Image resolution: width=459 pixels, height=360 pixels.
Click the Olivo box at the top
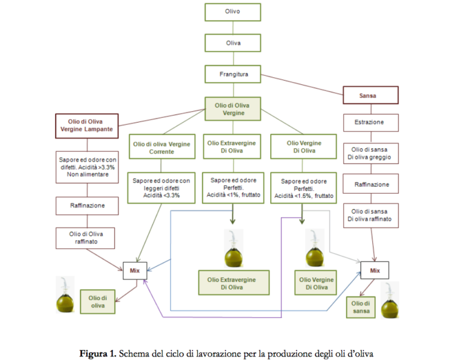click(232, 11)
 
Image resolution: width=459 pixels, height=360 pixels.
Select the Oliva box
click(232, 43)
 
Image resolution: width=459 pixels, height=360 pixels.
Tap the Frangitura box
click(232, 74)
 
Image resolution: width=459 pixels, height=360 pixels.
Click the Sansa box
click(371, 94)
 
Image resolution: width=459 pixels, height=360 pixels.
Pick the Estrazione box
click(371, 123)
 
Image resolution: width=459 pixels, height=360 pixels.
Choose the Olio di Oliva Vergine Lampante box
click(85, 126)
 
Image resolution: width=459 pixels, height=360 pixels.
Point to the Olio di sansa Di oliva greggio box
click(371, 154)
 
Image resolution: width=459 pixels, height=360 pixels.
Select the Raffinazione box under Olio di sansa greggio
click(371, 185)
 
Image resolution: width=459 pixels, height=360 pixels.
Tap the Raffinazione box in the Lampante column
click(85, 205)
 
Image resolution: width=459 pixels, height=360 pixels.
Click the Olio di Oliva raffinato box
click(85, 237)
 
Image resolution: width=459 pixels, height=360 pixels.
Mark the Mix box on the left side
click(134, 271)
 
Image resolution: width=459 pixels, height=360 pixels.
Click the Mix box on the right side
click(375, 271)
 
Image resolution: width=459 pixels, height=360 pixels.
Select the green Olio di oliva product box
click(97, 301)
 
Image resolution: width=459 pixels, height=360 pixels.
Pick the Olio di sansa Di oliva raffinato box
click(371, 215)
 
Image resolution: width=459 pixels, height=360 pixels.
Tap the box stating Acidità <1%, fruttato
click(233, 187)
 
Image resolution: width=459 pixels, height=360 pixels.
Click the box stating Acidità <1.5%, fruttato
click(304, 188)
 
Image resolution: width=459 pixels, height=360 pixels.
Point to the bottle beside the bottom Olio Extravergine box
click(232, 249)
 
